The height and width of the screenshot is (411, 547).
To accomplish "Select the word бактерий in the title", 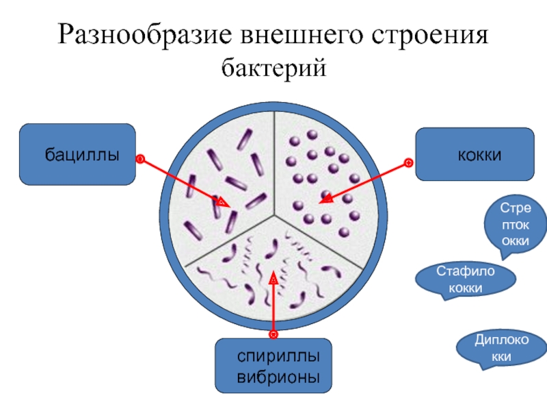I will [273, 68].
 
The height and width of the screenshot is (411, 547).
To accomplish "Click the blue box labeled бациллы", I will [77, 154].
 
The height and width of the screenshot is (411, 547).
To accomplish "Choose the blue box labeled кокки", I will [475, 154].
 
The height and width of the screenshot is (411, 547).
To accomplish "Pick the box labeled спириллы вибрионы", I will [273, 366].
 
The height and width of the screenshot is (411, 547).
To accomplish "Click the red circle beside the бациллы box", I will [139, 159].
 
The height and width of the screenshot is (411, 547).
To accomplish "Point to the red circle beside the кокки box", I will [408, 162].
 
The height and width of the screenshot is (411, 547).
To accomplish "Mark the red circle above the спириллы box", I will [273, 334].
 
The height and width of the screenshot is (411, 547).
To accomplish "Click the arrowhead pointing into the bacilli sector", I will [222, 203].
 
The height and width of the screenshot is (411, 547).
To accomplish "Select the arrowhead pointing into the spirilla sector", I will [273, 279].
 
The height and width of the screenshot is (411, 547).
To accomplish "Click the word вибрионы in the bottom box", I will [273, 376].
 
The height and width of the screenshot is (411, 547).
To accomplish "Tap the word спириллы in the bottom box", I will [273, 356].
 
